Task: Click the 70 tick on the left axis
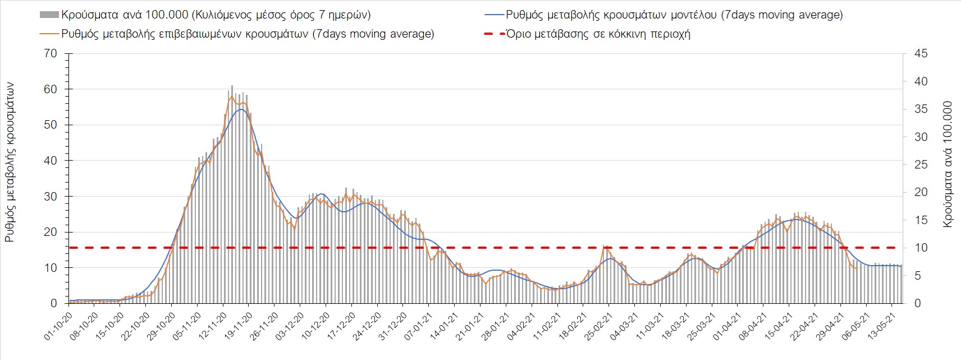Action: [x=51, y=53]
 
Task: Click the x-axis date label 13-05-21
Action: [x=880, y=325]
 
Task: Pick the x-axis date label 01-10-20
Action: [x=58, y=325]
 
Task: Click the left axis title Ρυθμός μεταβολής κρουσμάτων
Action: [x=10, y=163]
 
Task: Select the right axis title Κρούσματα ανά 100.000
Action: [x=948, y=164]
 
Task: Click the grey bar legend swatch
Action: [x=49, y=15]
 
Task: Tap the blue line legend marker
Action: [x=493, y=15]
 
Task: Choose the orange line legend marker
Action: [x=49, y=34]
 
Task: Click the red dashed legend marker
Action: [x=493, y=34]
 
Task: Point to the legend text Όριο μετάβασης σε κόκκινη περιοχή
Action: [x=598, y=34]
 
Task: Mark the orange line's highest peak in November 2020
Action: [x=232, y=96]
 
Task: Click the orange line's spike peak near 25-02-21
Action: [x=605, y=246]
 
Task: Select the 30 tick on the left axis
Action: [x=51, y=196]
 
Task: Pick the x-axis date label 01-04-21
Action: [x=725, y=325]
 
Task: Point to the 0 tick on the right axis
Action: [x=917, y=303]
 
